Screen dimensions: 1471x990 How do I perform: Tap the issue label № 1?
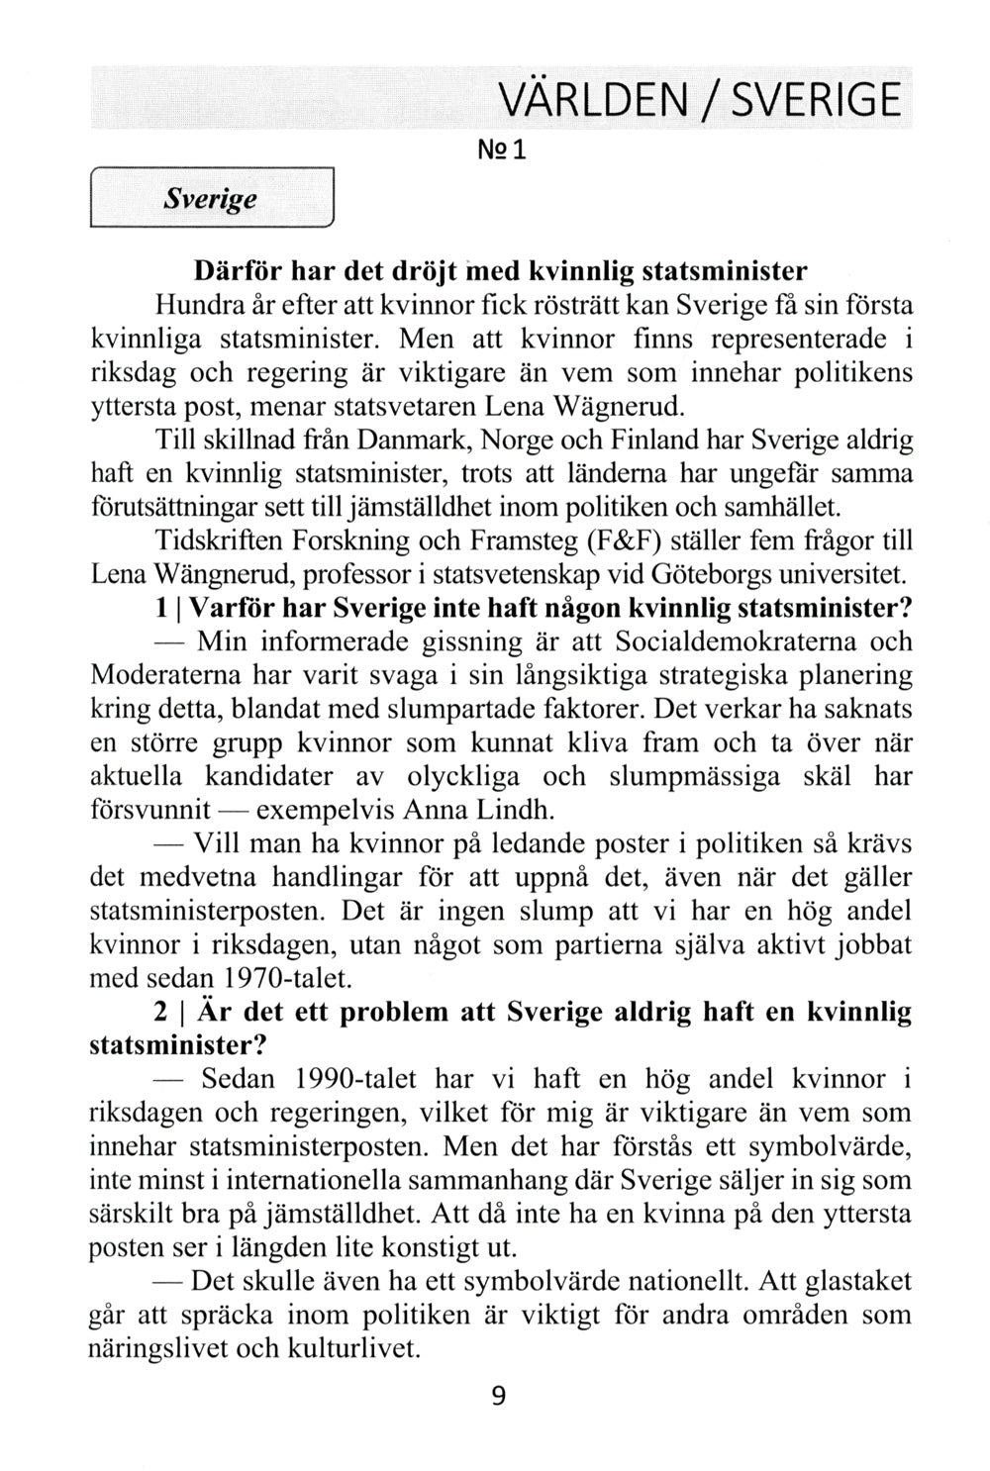[505, 150]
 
